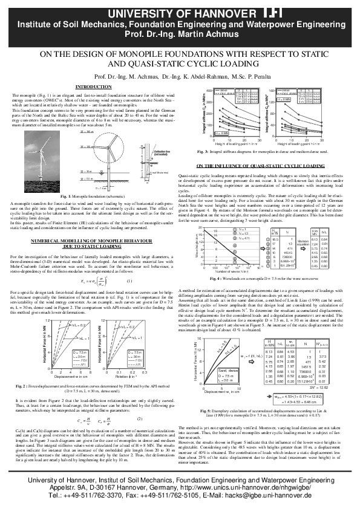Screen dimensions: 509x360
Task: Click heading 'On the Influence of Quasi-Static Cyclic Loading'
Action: click(x=267, y=165)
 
